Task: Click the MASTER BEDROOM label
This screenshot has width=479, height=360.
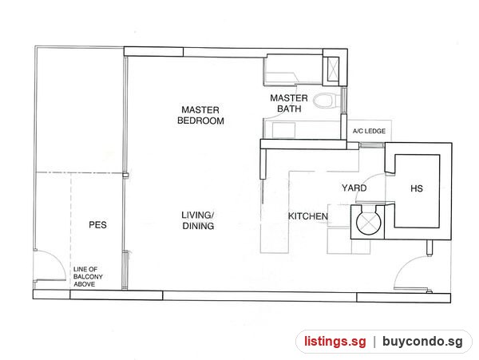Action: [x=200, y=115]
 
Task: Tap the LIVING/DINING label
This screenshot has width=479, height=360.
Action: [x=198, y=220]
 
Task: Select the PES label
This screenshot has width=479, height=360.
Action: [x=97, y=225]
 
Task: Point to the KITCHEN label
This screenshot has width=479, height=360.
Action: [x=308, y=216]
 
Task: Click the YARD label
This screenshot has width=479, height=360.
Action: [x=354, y=188]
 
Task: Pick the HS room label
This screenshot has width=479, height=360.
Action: [x=417, y=188]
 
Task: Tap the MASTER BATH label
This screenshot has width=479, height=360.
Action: [x=289, y=103]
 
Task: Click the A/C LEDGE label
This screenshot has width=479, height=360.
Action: [x=369, y=131]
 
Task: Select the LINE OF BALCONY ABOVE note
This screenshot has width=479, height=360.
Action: [x=88, y=277]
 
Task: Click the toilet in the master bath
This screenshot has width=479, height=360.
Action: [x=324, y=101]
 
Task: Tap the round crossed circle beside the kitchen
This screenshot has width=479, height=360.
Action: [x=369, y=222]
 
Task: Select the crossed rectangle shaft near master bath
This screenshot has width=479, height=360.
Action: [x=333, y=69]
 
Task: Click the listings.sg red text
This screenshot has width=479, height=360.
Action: [x=335, y=341]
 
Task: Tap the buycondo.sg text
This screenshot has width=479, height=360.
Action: [x=422, y=341]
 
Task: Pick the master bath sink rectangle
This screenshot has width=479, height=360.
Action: [x=283, y=130]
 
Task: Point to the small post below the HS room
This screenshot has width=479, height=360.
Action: [x=430, y=247]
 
